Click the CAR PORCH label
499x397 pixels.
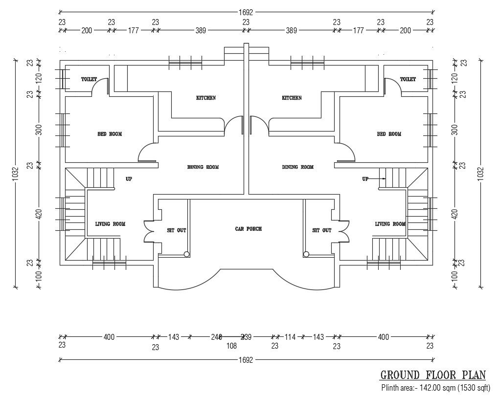tap(248, 229)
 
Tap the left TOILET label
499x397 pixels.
tap(89, 79)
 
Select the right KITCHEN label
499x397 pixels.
tap(292, 98)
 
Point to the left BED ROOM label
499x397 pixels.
tap(109, 134)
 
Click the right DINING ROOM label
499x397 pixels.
tap(297, 167)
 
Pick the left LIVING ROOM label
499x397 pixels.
tap(110, 224)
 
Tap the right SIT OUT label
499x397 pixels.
tap(321, 230)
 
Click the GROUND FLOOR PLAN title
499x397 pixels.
tap(433, 375)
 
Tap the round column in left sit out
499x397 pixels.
tap(186, 254)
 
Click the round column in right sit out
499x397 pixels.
tap(306, 254)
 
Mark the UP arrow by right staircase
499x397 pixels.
tap(375, 179)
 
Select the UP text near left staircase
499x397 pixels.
tap(129, 179)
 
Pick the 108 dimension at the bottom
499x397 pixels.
tap(232, 346)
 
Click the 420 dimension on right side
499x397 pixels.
tap(454, 214)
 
